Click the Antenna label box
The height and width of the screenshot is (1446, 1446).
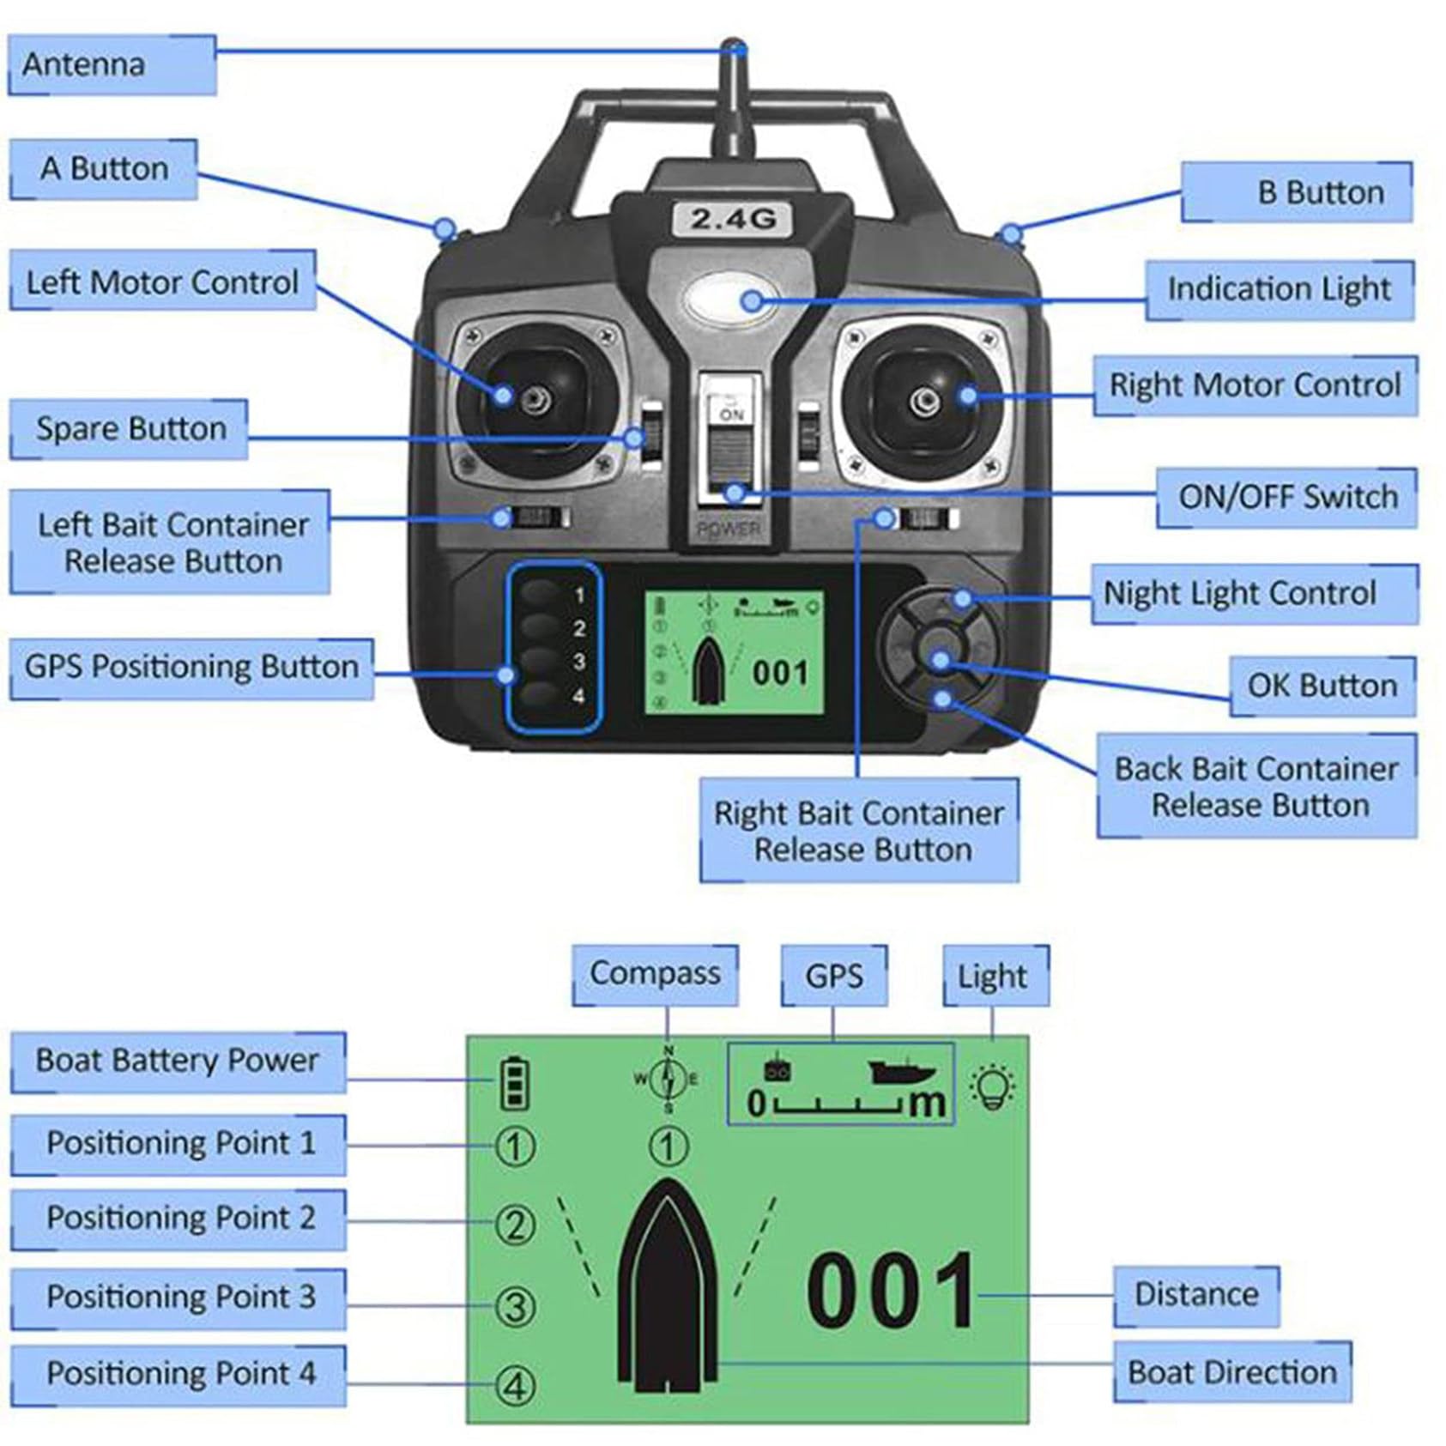pos(112,65)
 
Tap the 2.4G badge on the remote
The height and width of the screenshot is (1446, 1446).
pos(733,219)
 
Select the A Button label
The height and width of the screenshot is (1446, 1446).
pos(104,169)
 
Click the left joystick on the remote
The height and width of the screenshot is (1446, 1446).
pos(535,397)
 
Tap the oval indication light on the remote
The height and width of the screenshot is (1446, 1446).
pos(732,300)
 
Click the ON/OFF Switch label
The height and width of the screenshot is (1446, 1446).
pos(1286,498)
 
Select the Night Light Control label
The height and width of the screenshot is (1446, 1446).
pos(1255,594)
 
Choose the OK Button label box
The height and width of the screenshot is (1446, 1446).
pos(1322,687)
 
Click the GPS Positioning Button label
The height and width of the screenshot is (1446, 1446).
pos(191,668)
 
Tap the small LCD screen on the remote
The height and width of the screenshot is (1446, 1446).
pos(735,652)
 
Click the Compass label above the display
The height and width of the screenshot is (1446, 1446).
pos(655,975)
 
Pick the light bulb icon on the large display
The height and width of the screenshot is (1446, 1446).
pos(993,1087)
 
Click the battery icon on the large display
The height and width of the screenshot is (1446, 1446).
pos(515,1084)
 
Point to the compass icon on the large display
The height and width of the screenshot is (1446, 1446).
pos(668,1080)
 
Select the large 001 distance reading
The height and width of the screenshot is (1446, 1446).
pos(892,1289)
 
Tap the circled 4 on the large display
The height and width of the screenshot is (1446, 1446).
pos(516,1386)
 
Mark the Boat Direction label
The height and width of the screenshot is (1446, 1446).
pos(1232,1372)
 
